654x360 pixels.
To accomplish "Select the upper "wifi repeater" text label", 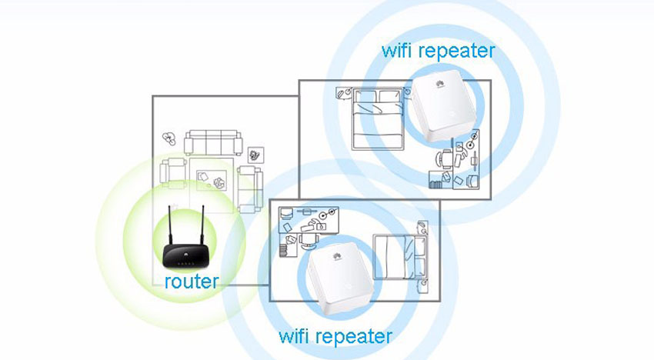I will point(438,52).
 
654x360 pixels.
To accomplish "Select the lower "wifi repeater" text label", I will point(335,336).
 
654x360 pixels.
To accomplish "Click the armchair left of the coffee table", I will point(176,172).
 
